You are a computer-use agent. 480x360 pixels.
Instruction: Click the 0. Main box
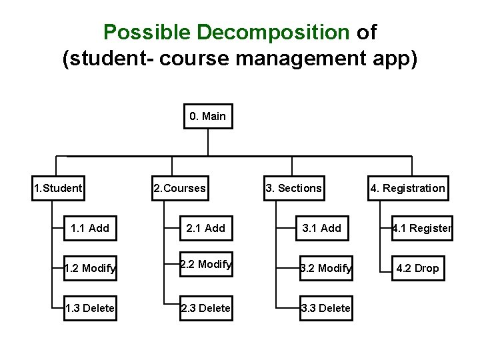pyautogui.click(x=207, y=117)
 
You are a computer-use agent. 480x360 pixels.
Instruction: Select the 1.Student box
pyautogui.click(x=58, y=188)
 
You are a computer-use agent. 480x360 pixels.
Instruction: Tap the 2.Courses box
pyautogui.click(x=179, y=188)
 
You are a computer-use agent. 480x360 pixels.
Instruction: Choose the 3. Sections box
pyautogui.click(x=293, y=188)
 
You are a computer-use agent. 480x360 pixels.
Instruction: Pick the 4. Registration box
pyautogui.click(x=407, y=188)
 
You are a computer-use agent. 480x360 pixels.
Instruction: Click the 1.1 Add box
pyautogui.click(x=89, y=228)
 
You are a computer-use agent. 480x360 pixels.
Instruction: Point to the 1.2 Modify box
pyautogui.click(x=89, y=268)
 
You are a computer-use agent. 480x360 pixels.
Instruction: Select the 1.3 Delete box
pyautogui.click(x=89, y=308)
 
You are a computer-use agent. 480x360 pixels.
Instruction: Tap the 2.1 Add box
pyautogui.click(x=205, y=228)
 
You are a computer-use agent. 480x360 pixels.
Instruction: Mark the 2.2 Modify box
pyautogui.click(x=205, y=265)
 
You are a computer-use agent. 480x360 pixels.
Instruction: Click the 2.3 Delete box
pyautogui.click(x=205, y=308)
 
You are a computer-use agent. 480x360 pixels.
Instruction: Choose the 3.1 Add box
pyautogui.click(x=321, y=228)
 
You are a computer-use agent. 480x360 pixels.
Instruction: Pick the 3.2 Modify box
pyautogui.click(x=325, y=268)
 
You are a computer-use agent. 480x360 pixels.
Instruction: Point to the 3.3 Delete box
pyautogui.click(x=325, y=308)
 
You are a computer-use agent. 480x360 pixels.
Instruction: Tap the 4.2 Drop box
pyautogui.click(x=417, y=268)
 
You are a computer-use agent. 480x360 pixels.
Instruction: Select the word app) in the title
pyautogui.click(x=397, y=59)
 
